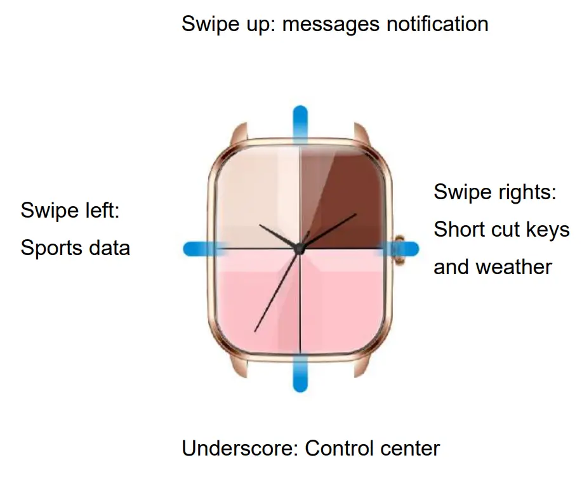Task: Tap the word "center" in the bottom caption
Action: point(408,449)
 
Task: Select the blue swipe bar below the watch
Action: point(300,374)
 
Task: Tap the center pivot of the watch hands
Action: point(300,249)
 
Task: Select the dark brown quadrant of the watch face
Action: point(343,197)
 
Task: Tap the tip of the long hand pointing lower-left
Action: point(255,331)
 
